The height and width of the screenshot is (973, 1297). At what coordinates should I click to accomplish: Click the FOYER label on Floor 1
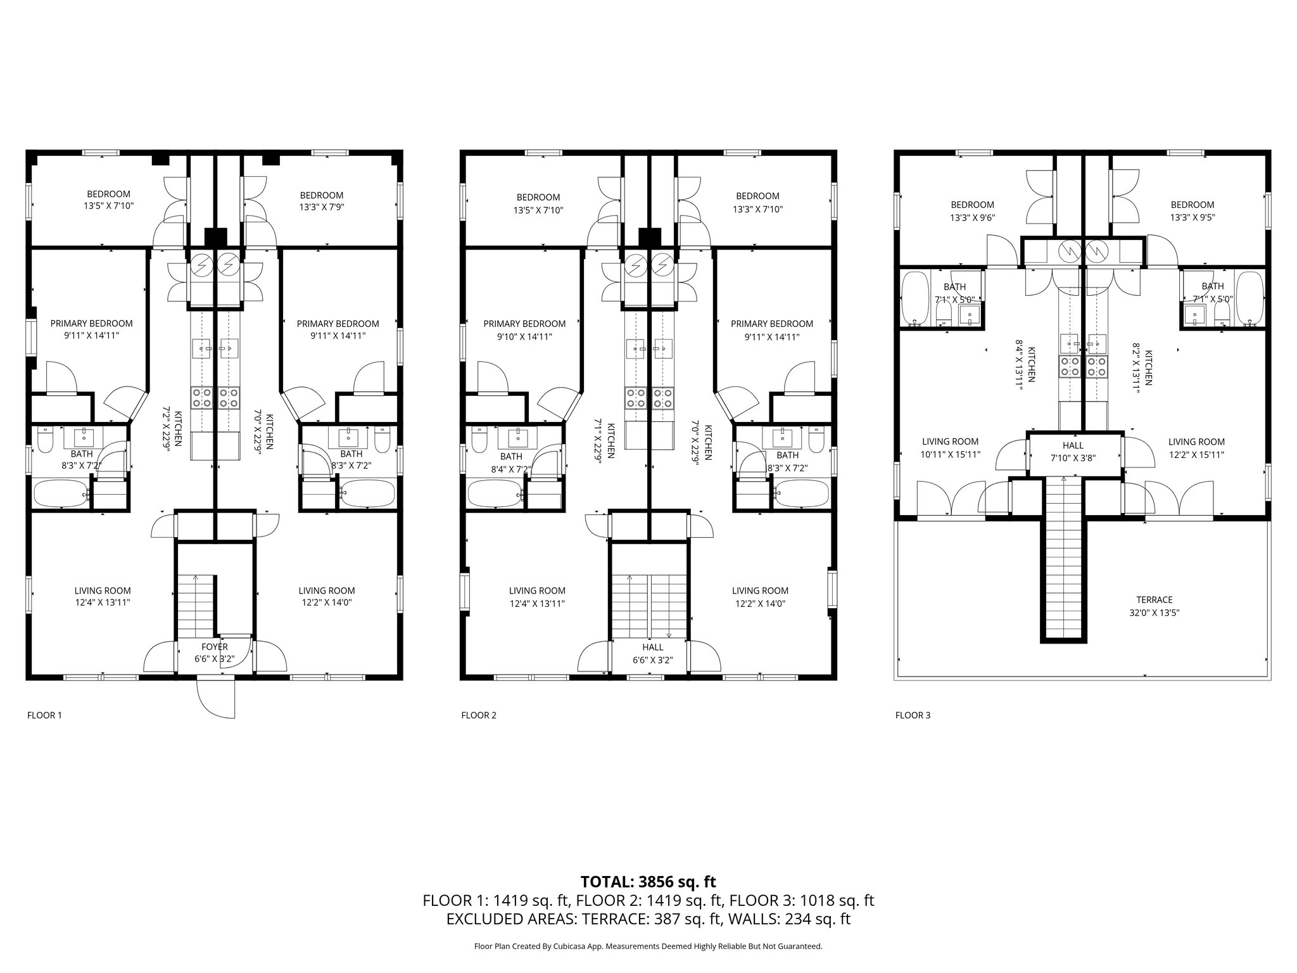pyautogui.click(x=215, y=647)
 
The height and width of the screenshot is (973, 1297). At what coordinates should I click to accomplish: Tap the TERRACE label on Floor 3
pyautogui.click(x=1155, y=599)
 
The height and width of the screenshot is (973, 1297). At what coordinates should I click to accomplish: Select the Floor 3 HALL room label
pyautogui.click(x=1073, y=446)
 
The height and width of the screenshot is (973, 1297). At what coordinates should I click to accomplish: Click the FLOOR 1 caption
pyautogui.click(x=44, y=715)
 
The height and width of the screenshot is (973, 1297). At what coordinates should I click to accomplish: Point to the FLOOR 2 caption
pyautogui.click(x=479, y=715)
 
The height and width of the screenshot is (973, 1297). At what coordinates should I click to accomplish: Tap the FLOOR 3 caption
pyautogui.click(x=913, y=715)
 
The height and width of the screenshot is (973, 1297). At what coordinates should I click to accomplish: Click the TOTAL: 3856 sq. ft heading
pyautogui.click(x=648, y=881)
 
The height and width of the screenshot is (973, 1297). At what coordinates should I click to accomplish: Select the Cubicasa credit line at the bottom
pyautogui.click(x=648, y=946)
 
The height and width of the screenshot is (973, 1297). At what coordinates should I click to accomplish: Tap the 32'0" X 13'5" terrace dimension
pyautogui.click(x=1155, y=613)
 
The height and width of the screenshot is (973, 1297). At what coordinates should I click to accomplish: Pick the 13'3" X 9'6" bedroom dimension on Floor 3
pyautogui.click(x=972, y=217)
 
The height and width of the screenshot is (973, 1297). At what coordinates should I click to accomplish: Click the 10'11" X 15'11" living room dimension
pyautogui.click(x=950, y=454)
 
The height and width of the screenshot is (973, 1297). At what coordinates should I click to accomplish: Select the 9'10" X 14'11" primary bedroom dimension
pyautogui.click(x=524, y=337)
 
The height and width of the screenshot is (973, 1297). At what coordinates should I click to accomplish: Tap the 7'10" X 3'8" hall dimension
pyautogui.click(x=1073, y=458)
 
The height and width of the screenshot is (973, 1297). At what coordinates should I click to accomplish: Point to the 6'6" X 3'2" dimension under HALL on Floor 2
pyautogui.click(x=653, y=659)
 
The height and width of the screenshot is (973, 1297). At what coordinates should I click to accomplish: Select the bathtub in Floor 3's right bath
pyautogui.click(x=1250, y=298)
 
